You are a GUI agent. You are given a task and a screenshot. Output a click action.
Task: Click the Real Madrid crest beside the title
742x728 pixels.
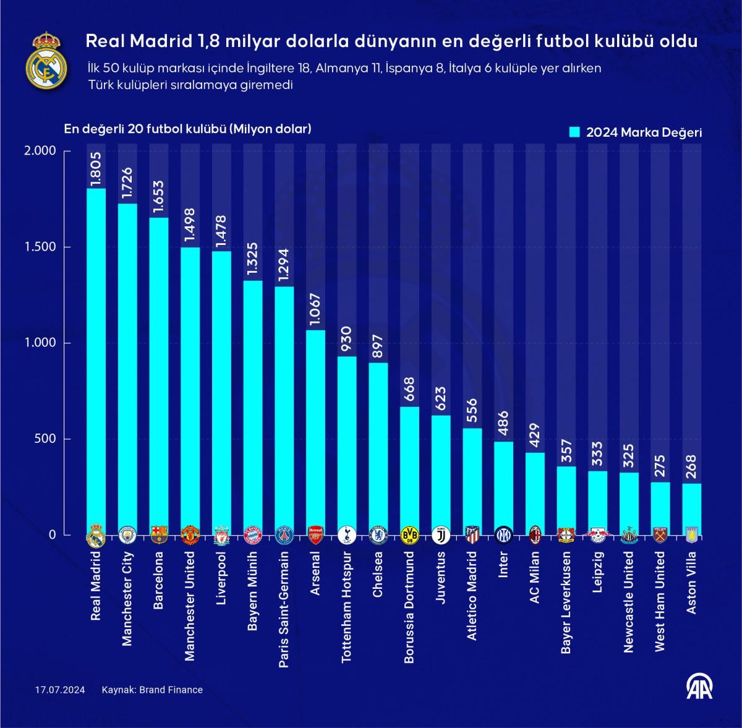coord(46,60)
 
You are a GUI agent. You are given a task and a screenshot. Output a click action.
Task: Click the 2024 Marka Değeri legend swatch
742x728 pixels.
coord(574,132)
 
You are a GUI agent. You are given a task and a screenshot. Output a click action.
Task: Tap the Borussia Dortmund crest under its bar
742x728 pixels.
coord(409,535)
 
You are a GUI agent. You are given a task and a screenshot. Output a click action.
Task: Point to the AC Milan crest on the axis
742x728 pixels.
coord(535,534)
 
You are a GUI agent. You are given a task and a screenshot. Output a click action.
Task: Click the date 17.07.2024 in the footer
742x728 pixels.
coord(60,690)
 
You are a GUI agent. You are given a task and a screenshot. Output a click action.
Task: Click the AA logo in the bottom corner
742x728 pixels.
coord(699,686)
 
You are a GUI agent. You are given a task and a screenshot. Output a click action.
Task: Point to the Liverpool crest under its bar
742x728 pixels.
coord(221,536)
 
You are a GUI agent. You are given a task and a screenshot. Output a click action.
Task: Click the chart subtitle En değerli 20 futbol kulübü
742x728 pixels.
coord(187,129)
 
